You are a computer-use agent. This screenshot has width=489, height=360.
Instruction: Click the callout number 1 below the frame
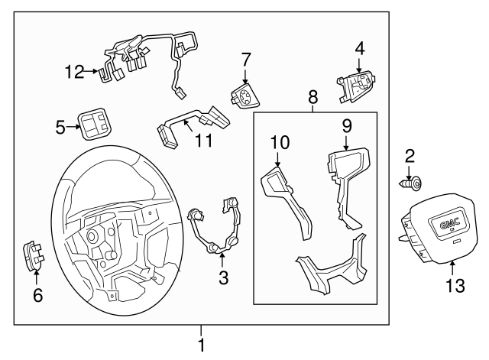(202, 345)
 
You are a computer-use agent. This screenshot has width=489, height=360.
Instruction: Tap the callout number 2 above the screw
(410, 157)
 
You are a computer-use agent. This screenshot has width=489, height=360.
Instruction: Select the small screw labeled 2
(413, 183)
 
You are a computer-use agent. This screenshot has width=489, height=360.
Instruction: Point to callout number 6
(36, 295)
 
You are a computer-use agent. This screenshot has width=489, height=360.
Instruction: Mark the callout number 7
(245, 59)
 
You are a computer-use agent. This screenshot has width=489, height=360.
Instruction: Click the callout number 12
(73, 72)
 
